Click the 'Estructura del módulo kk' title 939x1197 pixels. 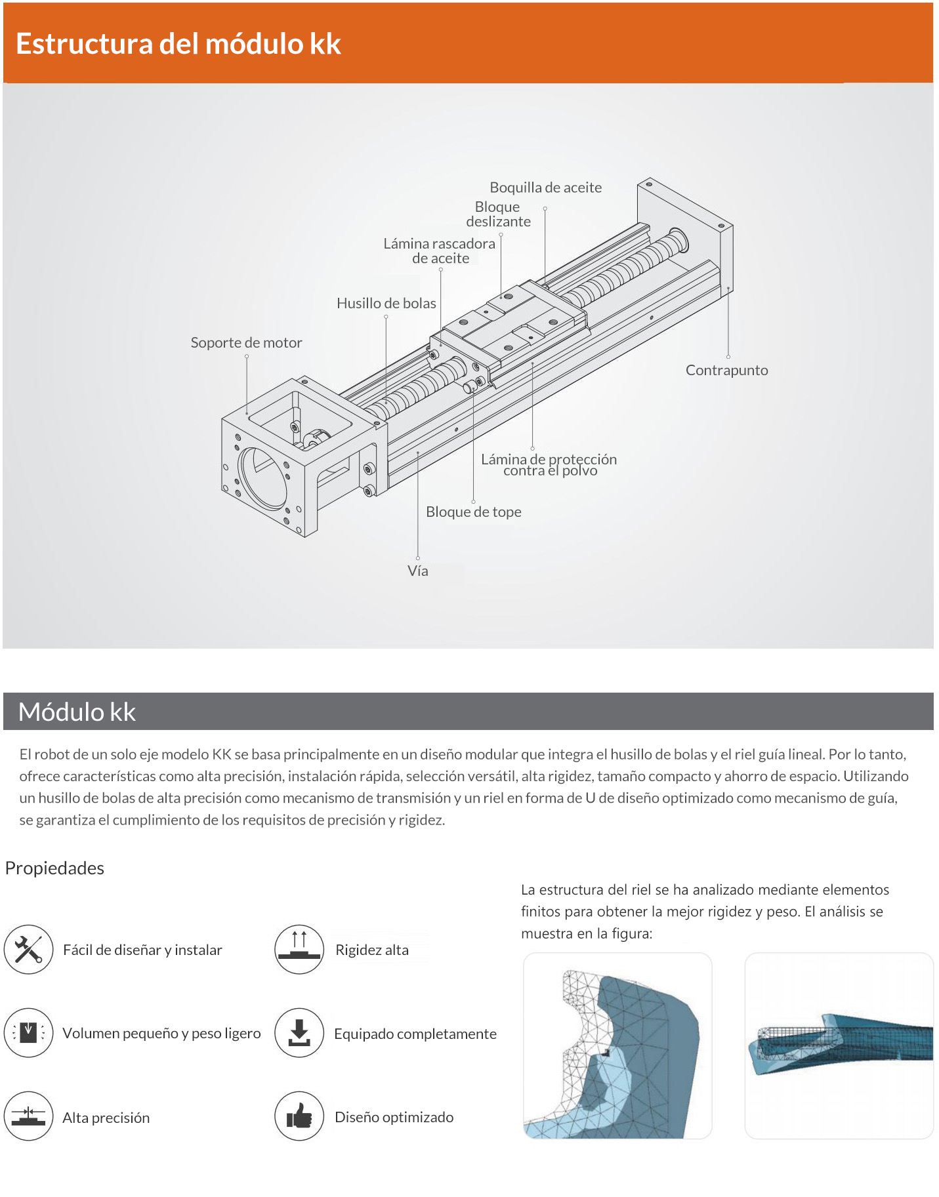(178, 44)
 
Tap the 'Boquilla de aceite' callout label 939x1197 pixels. (545, 188)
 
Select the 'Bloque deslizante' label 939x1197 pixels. (498, 214)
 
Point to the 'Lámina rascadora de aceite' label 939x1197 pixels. (440, 251)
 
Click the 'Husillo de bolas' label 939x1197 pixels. (386, 303)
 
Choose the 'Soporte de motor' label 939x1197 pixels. (246, 342)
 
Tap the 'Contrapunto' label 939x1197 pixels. (726, 370)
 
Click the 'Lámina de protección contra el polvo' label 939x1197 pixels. (549, 464)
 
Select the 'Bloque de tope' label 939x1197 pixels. (473, 512)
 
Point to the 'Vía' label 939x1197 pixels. (417, 571)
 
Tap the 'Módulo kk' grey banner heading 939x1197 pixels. (77, 712)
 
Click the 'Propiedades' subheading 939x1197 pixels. (54, 868)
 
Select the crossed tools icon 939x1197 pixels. (28, 949)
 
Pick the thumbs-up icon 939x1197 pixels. (299, 1116)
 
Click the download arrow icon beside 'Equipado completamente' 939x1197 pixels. (299, 1033)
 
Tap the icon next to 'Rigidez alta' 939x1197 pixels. (299, 949)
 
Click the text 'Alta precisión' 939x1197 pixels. (106, 1118)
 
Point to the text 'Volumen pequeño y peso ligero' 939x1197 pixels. (161, 1033)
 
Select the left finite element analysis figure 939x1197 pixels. (617, 1045)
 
